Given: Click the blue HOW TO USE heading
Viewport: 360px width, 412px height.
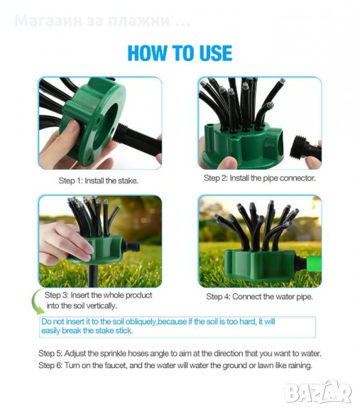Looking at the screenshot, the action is [180, 54].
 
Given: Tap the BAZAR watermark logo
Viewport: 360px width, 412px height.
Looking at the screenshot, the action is [319, 392].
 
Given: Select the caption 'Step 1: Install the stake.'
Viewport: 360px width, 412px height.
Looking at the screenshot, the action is [98, 181].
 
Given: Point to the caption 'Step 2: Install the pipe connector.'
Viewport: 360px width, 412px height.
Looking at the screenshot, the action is [260, 178].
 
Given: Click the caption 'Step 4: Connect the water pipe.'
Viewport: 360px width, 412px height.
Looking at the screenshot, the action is [260, 297].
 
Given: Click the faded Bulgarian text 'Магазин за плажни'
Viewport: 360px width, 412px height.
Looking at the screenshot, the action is [92, 21].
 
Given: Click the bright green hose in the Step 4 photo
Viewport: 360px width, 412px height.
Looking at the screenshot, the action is [314, 264].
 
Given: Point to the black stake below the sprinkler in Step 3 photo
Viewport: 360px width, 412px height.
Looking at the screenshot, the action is [93, 276].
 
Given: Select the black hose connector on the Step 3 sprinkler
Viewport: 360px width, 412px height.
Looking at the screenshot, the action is [131, 247].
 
